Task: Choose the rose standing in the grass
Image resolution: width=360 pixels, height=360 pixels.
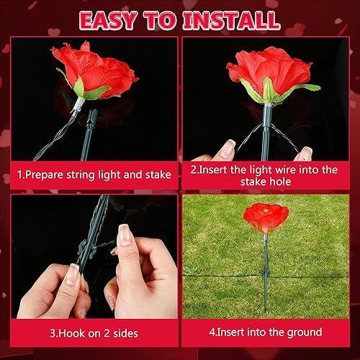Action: [266, 215]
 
